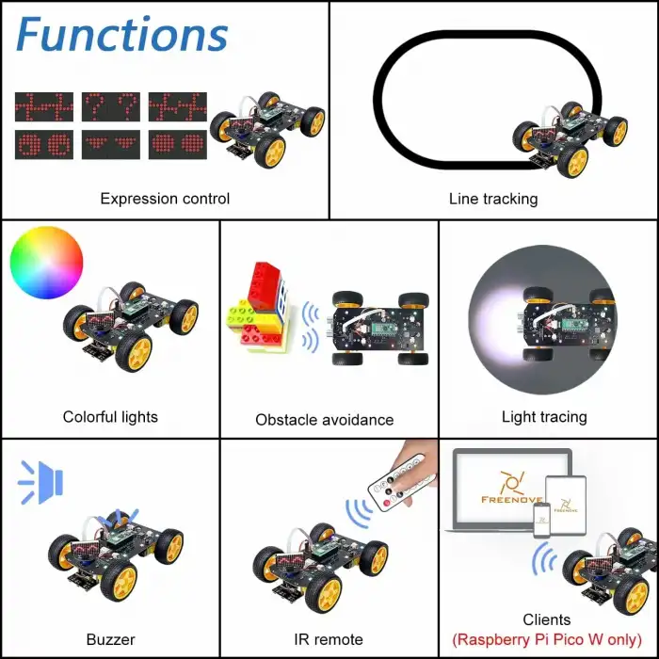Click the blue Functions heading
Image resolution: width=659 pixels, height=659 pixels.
click(x=121, y=35)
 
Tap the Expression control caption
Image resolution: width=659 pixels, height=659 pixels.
click(x=165, y=199)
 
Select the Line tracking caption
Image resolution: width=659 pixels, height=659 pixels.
click(x=493, y=199)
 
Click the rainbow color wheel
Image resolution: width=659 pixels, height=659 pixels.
click(x=46, y=263)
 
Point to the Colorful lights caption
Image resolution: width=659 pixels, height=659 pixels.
click(x=110, y=417)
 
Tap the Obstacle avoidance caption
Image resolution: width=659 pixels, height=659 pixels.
click(x=325, y=420)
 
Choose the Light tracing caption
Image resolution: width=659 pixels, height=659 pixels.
click(x=544, y=417)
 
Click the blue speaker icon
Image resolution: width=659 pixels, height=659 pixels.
click(x=40, y=482)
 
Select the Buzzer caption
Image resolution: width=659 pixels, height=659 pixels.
click(x=110, y=639)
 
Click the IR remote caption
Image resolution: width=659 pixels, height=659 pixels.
click(x=329, y=639)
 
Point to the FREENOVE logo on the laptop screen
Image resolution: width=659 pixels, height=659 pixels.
click(x=511, y=488)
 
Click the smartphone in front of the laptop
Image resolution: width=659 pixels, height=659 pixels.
click(x=542, y=521)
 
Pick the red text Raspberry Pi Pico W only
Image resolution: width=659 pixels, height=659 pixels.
click(x=547, y=639)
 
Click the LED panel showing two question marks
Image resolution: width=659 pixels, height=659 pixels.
click(x=110, y=106)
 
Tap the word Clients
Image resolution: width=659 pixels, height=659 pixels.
click(x=546, y=619)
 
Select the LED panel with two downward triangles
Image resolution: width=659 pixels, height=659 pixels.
click(x=110, y=145)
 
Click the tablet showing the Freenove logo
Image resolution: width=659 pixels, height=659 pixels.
click(x=566, y=506)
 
